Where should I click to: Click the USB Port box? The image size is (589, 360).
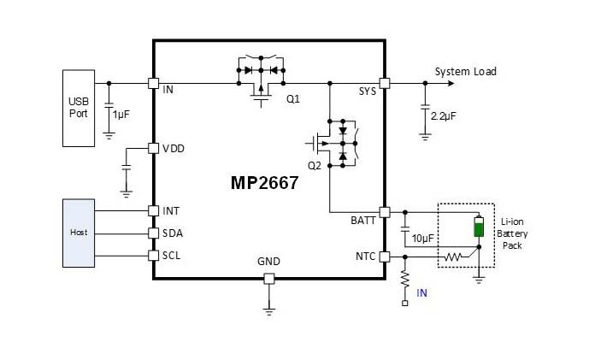point(79,109)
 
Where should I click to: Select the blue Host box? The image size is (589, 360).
point(79,233)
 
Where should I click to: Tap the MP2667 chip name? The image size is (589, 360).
point(264,183)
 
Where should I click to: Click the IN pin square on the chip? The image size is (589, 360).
point(153,83)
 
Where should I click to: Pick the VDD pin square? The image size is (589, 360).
point(153,149)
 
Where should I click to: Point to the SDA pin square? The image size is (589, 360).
point(153,233)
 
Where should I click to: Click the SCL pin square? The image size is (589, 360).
point(153,256)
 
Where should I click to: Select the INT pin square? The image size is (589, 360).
point(153,211)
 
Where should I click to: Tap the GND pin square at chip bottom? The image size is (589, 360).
point(269,279)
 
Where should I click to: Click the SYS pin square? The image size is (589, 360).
point(385,83)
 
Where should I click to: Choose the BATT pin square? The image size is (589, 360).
point(385,212)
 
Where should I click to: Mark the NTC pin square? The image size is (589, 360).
point(385,257)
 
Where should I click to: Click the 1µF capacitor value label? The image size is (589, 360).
point(121,115)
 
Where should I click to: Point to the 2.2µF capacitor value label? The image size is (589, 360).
point(444,116)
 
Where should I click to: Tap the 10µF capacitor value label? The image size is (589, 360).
point(423,239)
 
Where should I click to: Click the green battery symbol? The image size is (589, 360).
point(479,227)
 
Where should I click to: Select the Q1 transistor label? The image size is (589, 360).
point(293,99)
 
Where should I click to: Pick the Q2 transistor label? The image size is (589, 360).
point(315,166)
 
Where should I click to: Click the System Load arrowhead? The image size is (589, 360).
point(451,83)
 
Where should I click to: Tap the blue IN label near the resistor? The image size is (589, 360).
point(421,293)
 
